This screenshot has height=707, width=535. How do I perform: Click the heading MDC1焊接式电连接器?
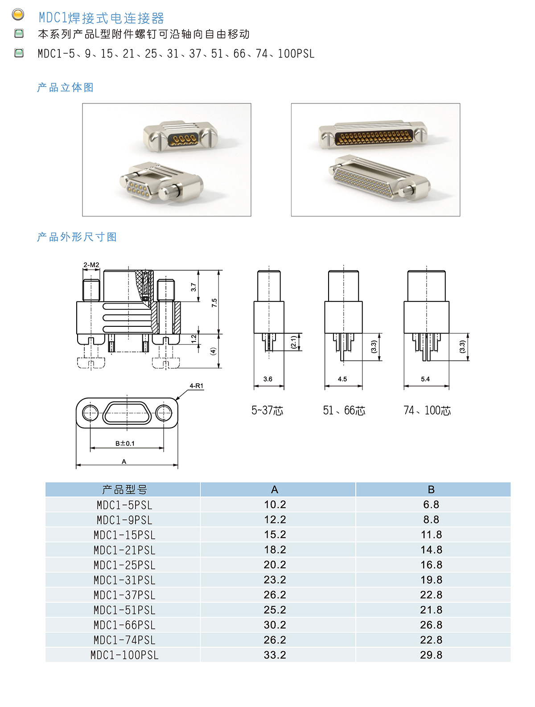[101, 18]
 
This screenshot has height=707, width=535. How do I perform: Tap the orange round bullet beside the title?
[18, 15]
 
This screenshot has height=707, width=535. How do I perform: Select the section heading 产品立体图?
[65, 87]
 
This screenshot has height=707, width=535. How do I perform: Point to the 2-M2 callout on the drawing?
[91, 264]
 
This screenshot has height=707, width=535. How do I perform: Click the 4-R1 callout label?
[196, 386]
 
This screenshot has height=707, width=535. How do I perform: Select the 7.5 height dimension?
[214, 302]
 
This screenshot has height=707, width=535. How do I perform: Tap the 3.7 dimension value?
[193, 287]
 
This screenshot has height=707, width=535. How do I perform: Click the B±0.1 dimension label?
[125, 443]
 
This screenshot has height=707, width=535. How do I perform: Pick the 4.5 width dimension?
[342, 379]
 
